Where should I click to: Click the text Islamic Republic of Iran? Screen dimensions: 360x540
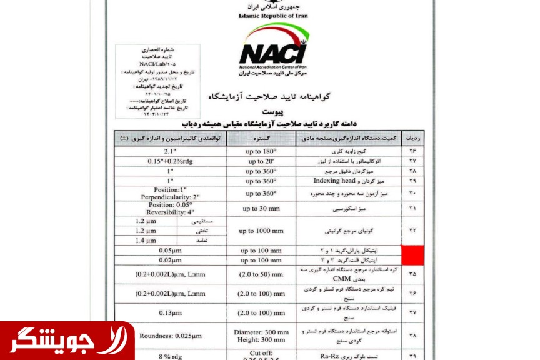point(273,16)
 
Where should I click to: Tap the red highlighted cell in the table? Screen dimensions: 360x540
point(412,254)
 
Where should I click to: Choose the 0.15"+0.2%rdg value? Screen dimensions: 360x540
point(169,161)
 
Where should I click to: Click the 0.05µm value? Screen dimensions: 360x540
point(169,251)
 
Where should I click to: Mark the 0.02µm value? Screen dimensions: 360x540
point(169,260)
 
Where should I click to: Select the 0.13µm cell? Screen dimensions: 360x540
point(169,312)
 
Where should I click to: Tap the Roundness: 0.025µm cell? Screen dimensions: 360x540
point(169,335)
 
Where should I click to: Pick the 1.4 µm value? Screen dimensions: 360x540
point(144,240)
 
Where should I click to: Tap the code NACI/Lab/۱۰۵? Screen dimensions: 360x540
point(157,64)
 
